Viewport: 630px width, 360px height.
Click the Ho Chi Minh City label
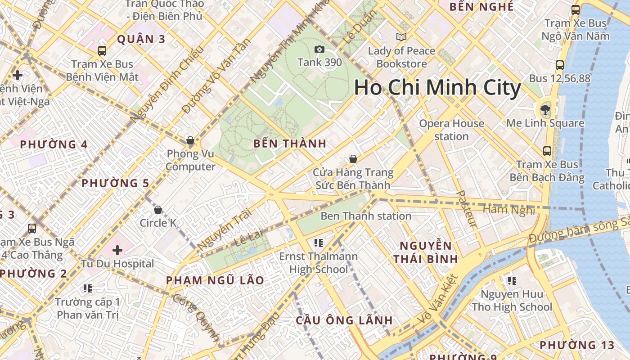tap(437, 88)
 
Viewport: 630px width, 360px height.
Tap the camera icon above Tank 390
tap(319, 49)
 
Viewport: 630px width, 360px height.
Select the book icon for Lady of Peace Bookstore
tap(401, 37)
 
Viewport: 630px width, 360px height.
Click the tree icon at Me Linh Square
tap(545, 108)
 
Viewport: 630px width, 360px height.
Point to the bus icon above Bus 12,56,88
tap(560, 65)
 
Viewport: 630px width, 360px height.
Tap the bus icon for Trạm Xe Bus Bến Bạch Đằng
tap(547, 151)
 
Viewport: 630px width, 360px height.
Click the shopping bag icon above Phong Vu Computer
tap(190, 140)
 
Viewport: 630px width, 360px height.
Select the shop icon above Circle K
tap(158, 210)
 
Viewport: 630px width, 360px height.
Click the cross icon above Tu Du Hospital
tap(117, 250)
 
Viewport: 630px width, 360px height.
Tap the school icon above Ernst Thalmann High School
tap(319, 243)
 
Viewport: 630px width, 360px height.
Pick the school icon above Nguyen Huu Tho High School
tap(512, 281)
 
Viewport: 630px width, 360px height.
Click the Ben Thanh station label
tap(366, 216)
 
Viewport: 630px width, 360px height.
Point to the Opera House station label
tap(451, 130)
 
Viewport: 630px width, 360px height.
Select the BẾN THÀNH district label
tap(289, 144)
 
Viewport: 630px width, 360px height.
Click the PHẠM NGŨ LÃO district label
tap(215, 280)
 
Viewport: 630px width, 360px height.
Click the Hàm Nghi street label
tap(508, 210)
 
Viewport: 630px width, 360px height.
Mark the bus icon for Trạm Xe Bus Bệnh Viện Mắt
tap(102, 51)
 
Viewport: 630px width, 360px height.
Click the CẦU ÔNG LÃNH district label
tap(344, 320)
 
